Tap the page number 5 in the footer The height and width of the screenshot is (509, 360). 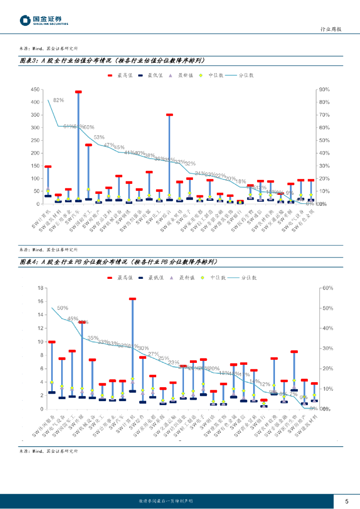[x=347, y=501]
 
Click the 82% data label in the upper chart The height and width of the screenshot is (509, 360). [x=59, y=100]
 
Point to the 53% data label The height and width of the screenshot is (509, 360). [x=99, y=137]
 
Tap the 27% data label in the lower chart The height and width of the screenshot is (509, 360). [x=154, y=354]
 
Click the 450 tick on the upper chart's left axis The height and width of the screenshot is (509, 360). [x=35, y=89]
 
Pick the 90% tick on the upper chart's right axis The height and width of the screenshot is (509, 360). [x=324, y=89]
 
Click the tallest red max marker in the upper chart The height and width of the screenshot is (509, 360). [x=78, y=92]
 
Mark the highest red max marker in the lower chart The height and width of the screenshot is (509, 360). [x=133, y=299]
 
